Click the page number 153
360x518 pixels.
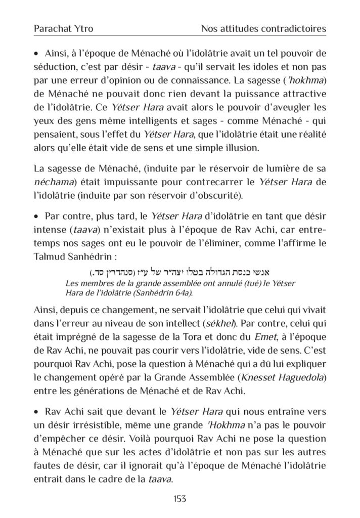point(180,499)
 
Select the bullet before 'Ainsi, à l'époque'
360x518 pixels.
point(36,54)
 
